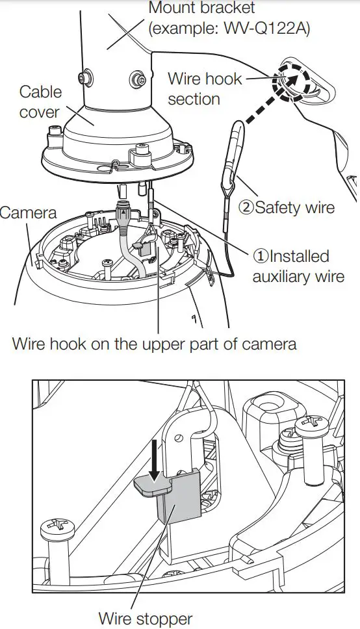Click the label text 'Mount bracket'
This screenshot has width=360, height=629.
pyautogui.click(x=202, y=8)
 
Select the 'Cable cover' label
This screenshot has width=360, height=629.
pyautogui.click(x=40, y=102)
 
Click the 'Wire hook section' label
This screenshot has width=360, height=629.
pyautogui.click(x=204, y=88)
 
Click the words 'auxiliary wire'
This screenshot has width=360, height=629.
pyautogui.click(x=298, y=276)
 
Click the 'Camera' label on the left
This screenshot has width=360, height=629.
pyautogui.click(x=29, y=212)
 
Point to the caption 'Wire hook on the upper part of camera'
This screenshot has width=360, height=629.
pyautogui.click(x=154, y=343)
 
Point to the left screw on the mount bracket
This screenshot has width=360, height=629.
pyautogui.click(x=83, y=79)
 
